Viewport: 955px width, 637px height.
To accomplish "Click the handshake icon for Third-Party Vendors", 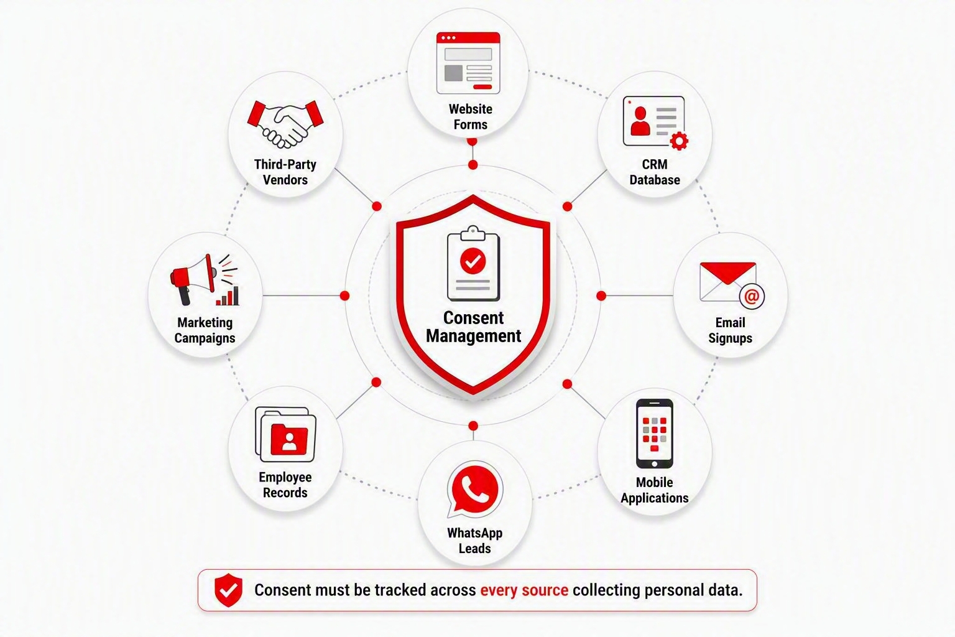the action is pos(285,124).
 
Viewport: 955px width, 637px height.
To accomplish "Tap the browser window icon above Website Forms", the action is pos(468,63).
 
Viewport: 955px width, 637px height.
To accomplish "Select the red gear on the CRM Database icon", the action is pos(679,141).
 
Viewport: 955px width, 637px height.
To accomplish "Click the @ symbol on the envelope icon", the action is pos(752,296).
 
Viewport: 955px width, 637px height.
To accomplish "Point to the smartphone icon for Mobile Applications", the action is pos(655,434).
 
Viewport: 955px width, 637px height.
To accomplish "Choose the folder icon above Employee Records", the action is pos(285,434).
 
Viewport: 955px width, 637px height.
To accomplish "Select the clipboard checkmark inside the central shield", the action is pos(473,261).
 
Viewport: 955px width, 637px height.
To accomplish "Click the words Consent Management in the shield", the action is pos(473,327).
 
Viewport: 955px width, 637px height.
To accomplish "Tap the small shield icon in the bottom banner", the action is pos(229,590).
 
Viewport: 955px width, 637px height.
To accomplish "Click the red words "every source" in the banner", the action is pos(524,590).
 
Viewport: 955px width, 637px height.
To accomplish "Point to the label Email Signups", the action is pos(731,330).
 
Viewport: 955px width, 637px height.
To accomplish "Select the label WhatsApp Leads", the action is pos(474,541).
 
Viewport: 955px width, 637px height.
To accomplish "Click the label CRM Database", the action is pos(655,172).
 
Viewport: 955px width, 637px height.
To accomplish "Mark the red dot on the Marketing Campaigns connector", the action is pos(345,295).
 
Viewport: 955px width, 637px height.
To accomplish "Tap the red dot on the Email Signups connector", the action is pos(601,295).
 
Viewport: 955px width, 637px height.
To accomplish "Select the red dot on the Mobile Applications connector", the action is pos(567,384).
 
